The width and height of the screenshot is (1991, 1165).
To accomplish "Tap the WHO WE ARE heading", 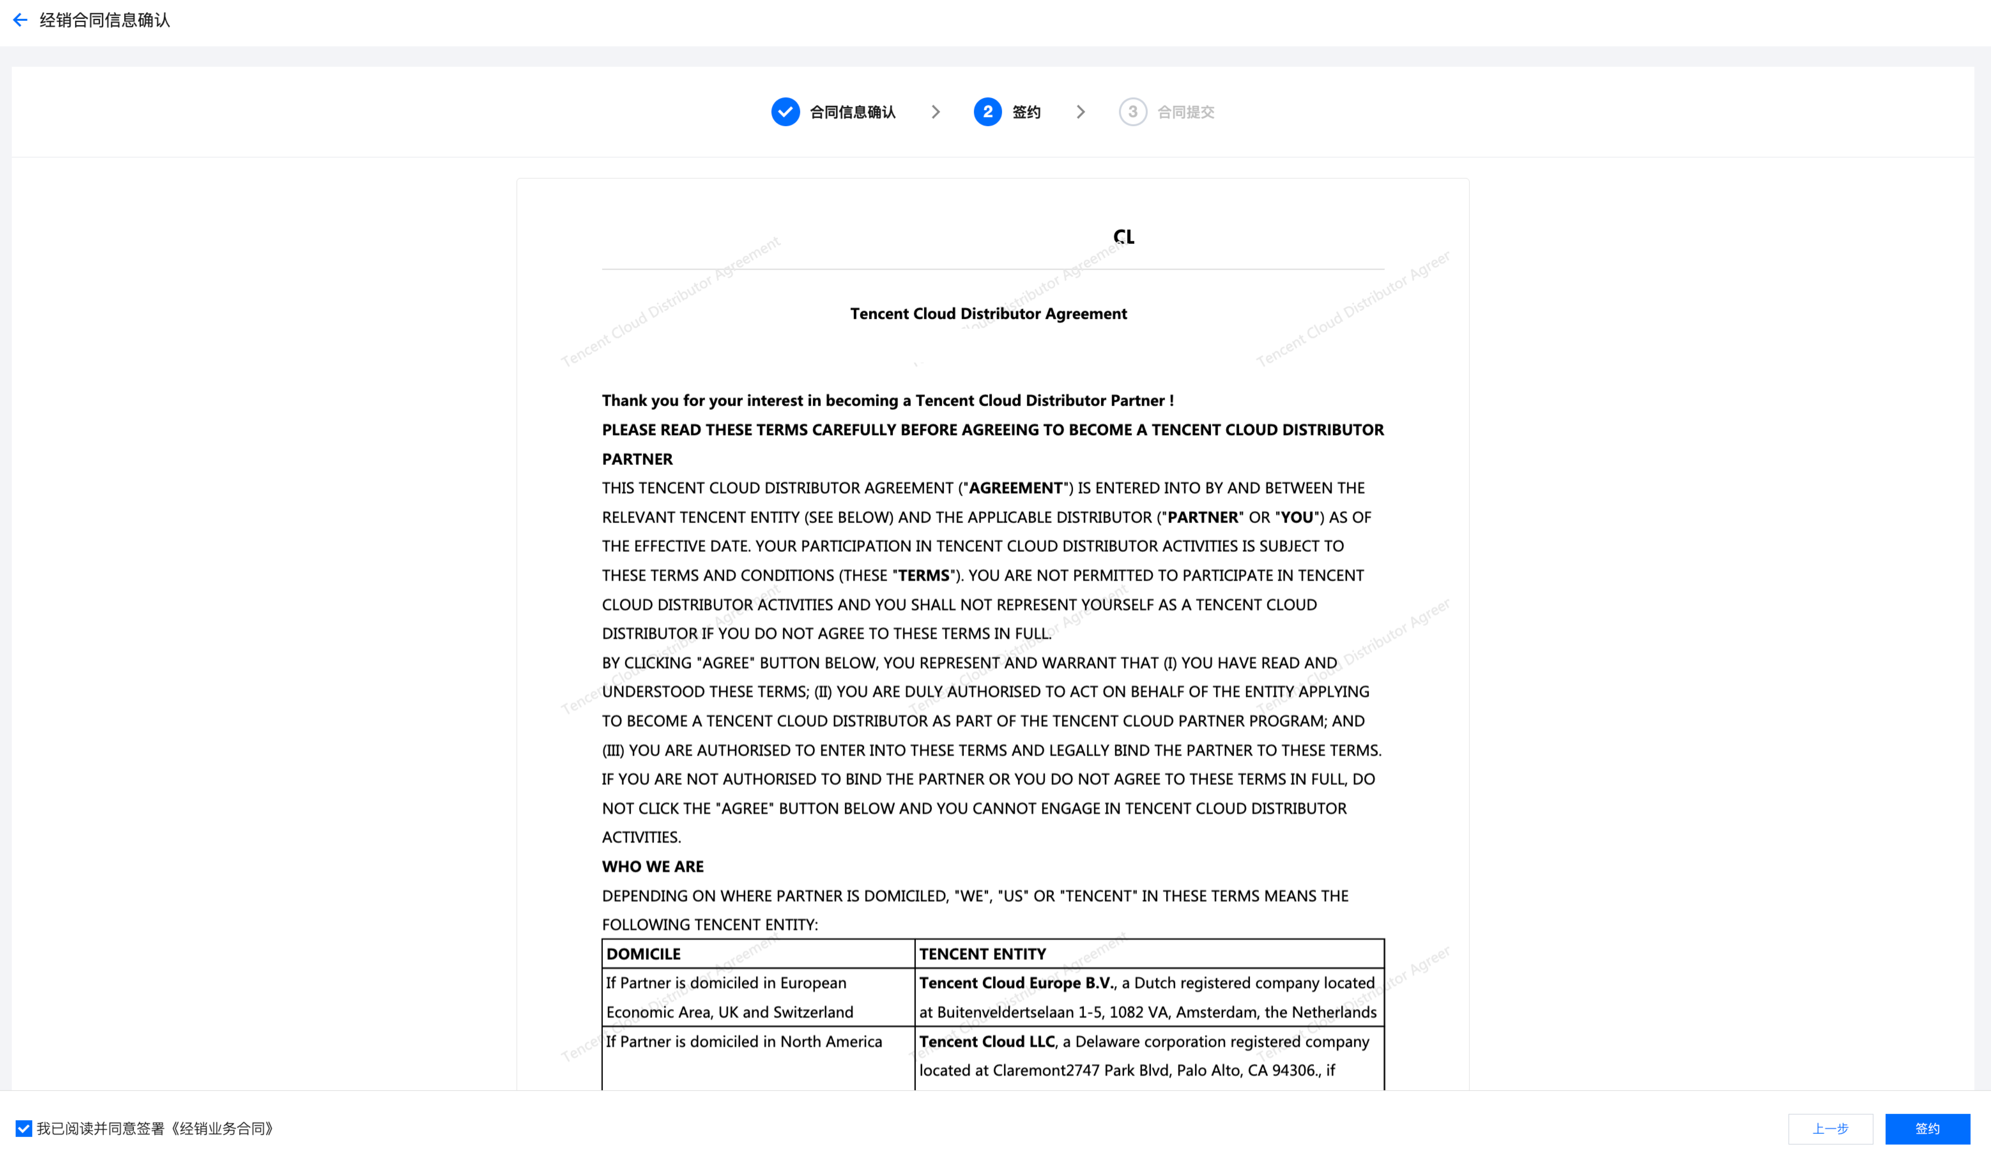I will (653, 866).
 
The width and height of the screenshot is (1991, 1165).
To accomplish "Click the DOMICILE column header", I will (643, 954).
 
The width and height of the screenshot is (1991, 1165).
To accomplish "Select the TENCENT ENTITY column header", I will (982, 954).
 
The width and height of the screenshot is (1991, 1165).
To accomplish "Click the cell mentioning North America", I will (743, 1042).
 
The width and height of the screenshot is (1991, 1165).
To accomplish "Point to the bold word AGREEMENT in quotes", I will (1015, 488).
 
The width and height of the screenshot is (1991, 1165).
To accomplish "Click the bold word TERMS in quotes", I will (923, 575).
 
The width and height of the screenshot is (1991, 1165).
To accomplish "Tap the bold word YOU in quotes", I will (1297, 517).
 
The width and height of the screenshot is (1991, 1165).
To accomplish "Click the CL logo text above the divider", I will (1123, 236).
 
